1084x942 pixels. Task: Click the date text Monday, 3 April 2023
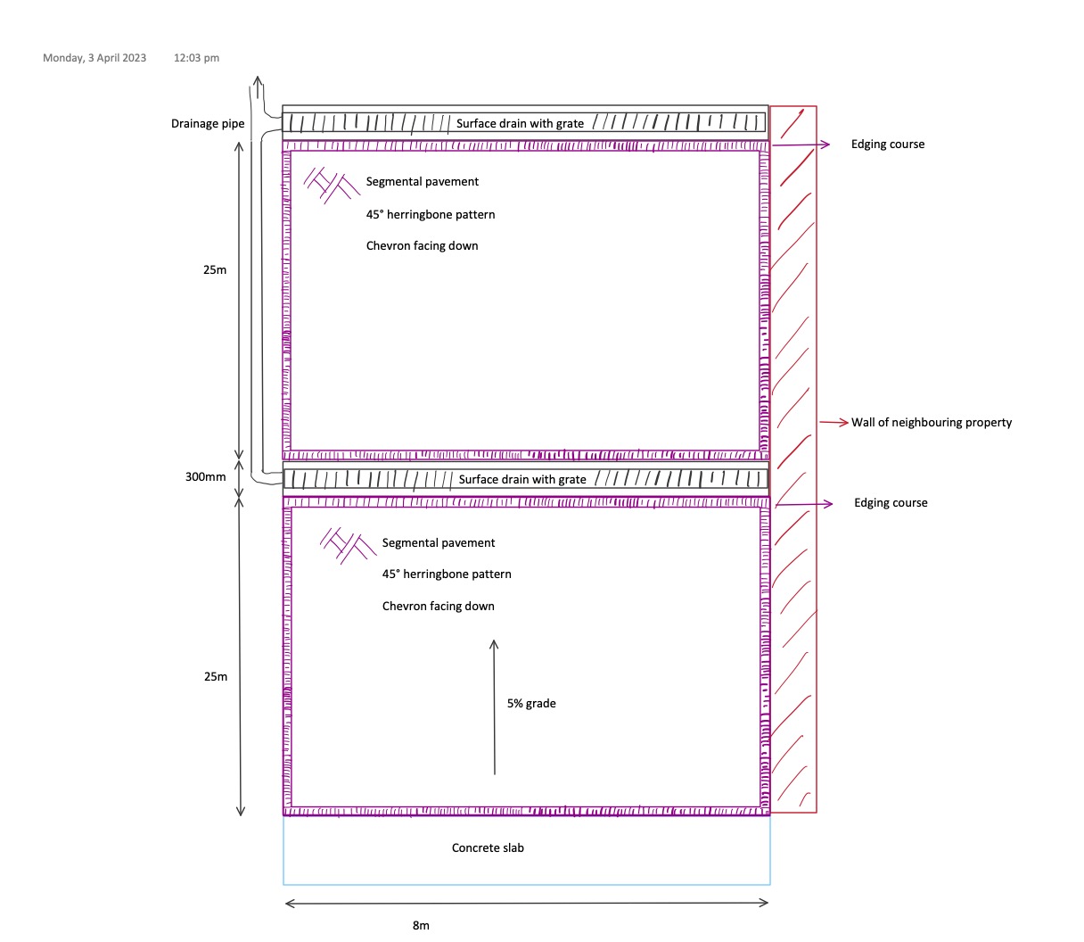[x=94, y=58]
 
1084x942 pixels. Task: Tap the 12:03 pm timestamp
[x=196, y=58]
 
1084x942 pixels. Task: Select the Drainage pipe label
[x=208, y=124]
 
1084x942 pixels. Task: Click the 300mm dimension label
[x=206, y=477]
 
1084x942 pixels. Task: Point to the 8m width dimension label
[x=421, y=926]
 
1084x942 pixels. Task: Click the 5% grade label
[x=531, y=704]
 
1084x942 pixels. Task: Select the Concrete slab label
[x=488, y=848]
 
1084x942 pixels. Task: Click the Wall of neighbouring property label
[x=932, y=423]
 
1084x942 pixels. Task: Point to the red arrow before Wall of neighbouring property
[x=834, y=423]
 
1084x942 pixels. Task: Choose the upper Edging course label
[x=888, y=145]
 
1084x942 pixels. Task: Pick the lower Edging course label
[x=891, y=503]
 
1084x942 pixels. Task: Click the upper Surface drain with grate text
[x=520, y=124]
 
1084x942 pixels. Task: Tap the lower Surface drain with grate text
[x=522, y=480]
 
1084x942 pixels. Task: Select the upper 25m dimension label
[x=215, y=270]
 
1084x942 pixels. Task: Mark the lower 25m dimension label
[x=216, y=677]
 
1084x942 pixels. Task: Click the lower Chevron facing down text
[x=438, y=607]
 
